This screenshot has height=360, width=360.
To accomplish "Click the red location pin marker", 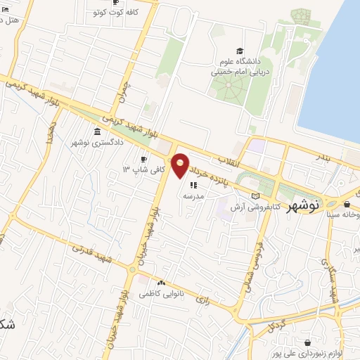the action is (181, 165).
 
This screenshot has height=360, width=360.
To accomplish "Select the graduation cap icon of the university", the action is (240, 51).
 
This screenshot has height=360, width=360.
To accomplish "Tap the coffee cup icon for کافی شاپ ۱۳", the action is (144, 160).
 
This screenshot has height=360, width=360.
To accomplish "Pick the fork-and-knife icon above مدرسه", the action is (193, 185).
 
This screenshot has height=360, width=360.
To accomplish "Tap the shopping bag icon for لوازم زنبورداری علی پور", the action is (307, 342).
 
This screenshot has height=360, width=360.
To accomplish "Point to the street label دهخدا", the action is (50, 133).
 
